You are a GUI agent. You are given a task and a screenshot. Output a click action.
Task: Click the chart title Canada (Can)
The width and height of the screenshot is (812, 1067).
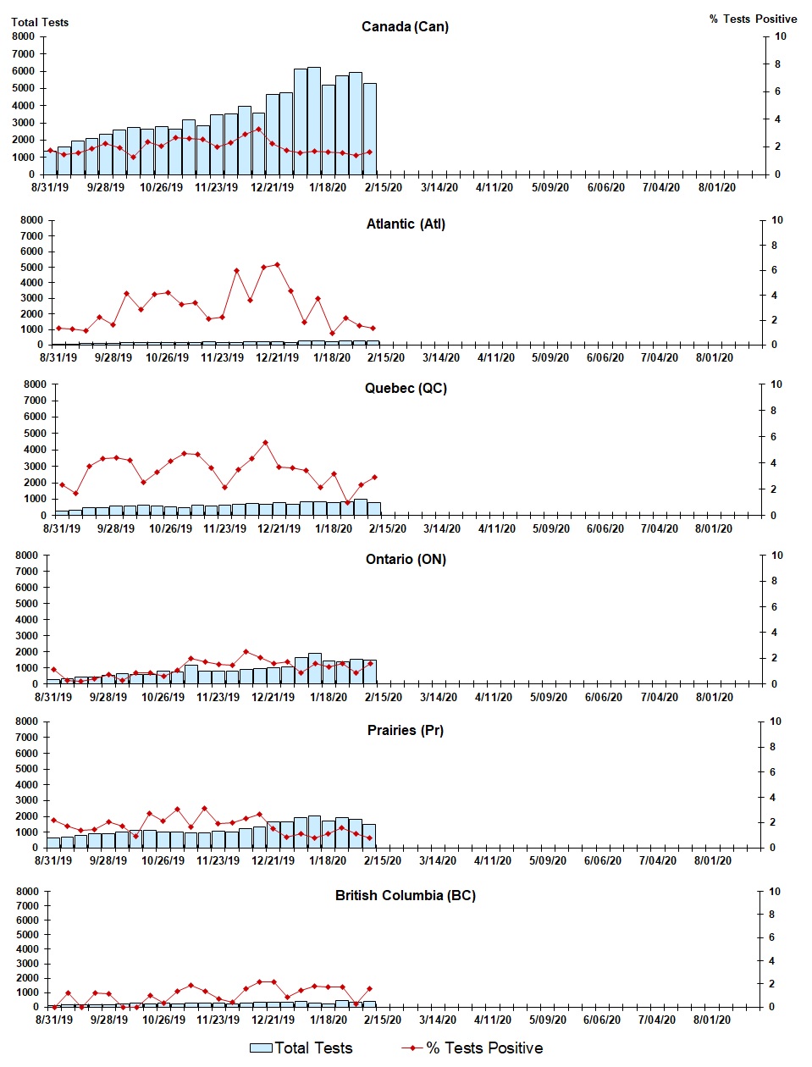point(405,26)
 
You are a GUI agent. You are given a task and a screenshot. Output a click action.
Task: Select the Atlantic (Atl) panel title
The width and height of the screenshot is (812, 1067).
point(406,224)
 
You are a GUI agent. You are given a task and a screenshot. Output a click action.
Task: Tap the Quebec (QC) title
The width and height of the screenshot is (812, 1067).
point(406,388)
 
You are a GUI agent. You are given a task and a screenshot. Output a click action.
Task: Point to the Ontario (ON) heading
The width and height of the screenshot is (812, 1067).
point(406,559)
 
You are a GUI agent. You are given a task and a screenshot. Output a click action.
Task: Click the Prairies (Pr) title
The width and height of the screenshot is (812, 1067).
point(405,730)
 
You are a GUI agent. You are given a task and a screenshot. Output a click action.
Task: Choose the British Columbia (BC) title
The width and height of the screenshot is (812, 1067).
point(405,895)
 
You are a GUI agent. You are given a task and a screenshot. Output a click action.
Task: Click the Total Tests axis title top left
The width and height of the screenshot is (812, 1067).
point(40,22)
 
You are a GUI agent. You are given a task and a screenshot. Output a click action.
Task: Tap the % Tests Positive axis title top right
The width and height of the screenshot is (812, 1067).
point(753,19)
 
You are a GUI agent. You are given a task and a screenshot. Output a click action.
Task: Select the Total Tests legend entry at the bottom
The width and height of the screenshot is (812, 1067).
point(301,1048)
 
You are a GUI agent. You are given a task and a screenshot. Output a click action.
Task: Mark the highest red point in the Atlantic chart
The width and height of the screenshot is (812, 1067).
point(277,265)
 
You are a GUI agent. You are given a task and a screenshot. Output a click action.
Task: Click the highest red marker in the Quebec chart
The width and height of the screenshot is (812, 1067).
point(265,442)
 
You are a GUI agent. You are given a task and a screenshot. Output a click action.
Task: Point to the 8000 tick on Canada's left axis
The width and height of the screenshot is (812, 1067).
point(23,36)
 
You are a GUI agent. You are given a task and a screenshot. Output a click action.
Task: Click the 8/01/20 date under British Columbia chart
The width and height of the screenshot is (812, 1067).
point(712,1020)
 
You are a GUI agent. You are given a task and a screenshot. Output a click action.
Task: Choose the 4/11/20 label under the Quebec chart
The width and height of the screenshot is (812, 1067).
point(496,528)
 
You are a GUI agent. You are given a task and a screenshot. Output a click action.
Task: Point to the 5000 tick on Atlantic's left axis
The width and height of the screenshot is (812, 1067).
point(30,267)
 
